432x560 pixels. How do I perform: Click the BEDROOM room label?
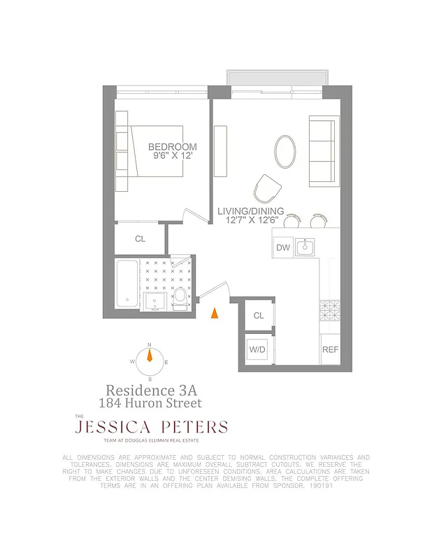[172, 147]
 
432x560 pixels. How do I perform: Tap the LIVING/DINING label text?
[250, 211]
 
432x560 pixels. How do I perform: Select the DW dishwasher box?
[282, 247]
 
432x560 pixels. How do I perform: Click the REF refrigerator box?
[329, 349]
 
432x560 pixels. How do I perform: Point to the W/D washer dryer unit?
[258, 349]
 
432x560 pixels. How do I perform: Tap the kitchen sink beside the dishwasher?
[305, 246]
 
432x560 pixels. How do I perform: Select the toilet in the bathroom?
[180, 297]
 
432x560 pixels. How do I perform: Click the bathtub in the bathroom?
[128, 284]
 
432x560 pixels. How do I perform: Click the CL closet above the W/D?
[259, 316]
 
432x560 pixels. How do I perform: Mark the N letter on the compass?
[149, 345]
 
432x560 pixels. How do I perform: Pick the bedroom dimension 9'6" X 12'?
[173, 156]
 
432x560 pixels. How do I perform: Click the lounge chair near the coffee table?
[267, 188]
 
